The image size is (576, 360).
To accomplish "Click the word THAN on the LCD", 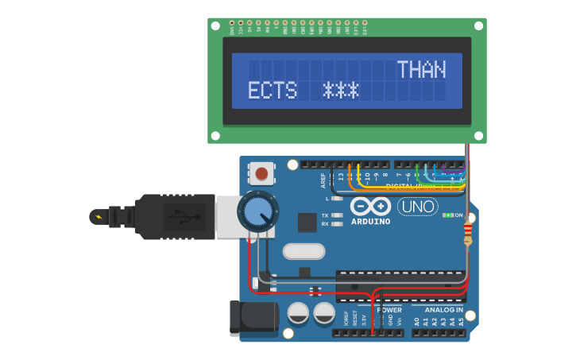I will [421, 70].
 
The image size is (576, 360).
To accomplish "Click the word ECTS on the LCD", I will [272, 91].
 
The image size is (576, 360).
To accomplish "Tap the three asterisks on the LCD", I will [341, 91].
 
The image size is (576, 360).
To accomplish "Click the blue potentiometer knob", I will [257, 211].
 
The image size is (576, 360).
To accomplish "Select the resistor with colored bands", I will [467, 233].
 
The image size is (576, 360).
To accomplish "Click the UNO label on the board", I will [417, 207].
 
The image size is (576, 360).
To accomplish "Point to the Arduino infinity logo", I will [369, 206].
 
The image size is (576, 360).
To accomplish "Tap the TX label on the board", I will [325, 215].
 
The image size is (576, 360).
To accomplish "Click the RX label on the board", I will [325, 224].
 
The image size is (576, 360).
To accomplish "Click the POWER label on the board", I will [389, 309].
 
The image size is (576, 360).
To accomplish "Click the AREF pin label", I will [323, 180].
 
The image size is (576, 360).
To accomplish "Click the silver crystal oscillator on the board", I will [303, 251].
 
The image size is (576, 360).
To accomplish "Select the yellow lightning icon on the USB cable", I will [99, 216].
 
